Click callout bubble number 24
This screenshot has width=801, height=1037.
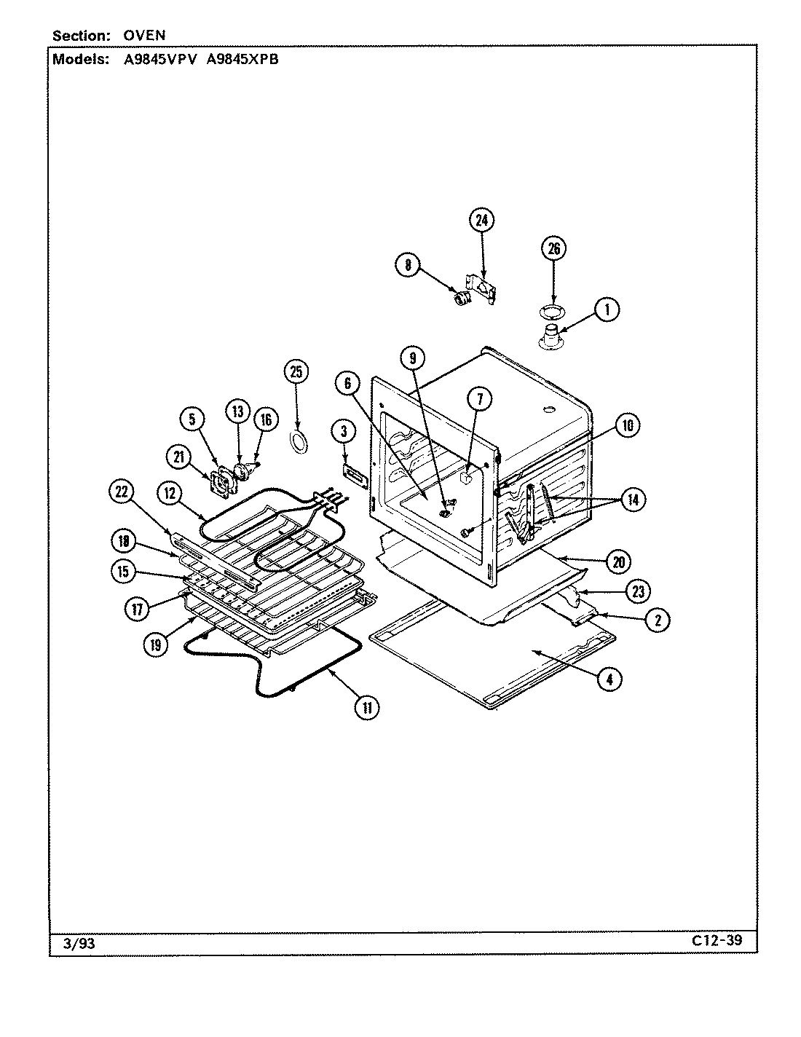481,220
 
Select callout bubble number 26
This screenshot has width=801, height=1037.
553,249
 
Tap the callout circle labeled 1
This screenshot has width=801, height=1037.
606,309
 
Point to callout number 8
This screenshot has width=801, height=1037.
409,266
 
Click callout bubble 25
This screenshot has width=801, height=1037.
296,372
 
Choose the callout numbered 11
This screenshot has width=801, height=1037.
368,706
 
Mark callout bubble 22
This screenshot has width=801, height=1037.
122,493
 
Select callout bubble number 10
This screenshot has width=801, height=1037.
627,425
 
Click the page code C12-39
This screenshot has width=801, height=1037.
717,940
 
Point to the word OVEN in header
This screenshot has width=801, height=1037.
143,35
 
